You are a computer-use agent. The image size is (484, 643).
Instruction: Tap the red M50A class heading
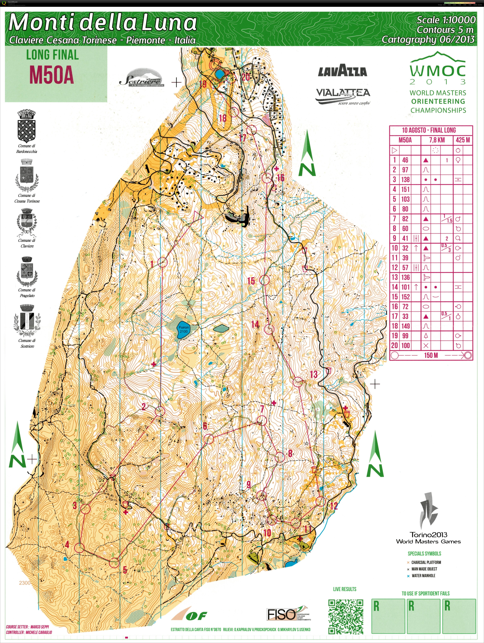tap(51, 75)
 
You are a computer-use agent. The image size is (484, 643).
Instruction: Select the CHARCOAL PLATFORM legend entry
tap(426, 562)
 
